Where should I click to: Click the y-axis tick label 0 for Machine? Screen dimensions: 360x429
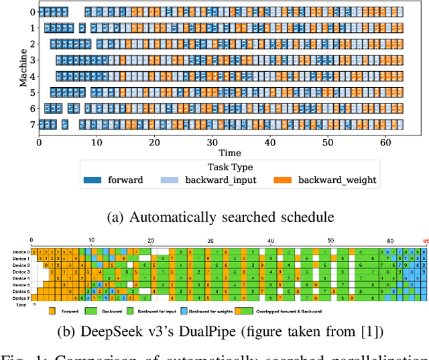click(32, 12)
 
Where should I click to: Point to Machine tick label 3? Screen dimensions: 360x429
click(32, 60)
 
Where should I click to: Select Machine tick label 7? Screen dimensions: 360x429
click(32, 124)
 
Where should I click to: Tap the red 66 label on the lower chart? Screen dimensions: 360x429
click(425, 241)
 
